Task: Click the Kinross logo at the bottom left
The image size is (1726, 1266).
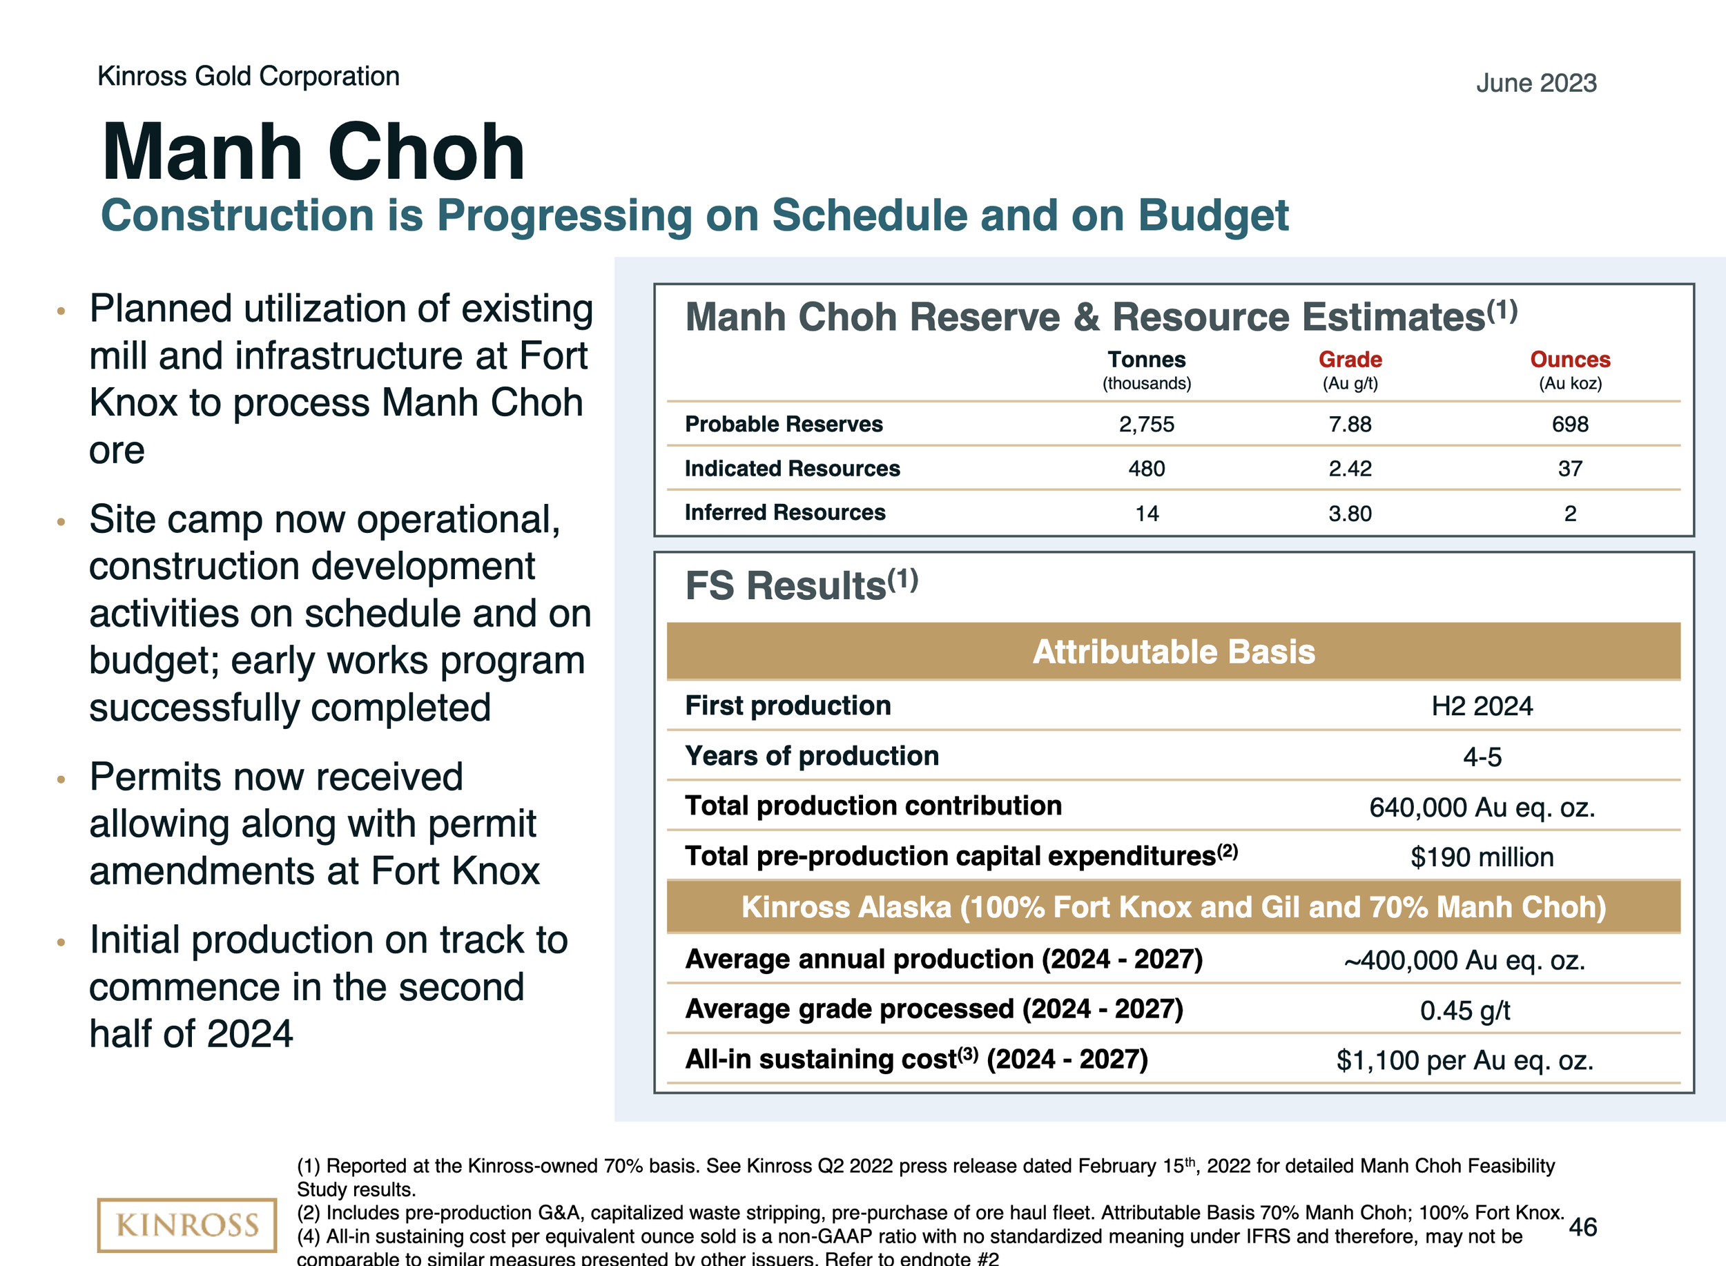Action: click(186, 1224)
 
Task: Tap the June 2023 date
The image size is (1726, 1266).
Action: click(1536, 83)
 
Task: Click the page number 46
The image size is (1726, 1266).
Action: click(1582, 1227)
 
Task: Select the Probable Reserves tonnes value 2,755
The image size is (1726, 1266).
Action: click(1147, 424)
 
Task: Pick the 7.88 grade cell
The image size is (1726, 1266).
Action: click(1350, 424)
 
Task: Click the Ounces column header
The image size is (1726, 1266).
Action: click(1570, 360)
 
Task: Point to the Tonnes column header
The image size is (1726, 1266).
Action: click(1147, 360)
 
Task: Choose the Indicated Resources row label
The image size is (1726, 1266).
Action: click(793, 468)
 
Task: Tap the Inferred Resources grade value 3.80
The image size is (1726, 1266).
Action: click(1350, 513)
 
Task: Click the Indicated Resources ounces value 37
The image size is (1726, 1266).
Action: click(1570, 468)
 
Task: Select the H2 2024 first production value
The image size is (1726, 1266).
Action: click(1482, 705)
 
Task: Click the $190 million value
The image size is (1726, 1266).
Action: click(1482, 857)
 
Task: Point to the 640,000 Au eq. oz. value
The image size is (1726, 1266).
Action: click(1482, 807)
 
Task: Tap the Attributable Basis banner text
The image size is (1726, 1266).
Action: click(1174, 652)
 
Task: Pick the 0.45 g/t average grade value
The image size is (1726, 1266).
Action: click(1464, 1010)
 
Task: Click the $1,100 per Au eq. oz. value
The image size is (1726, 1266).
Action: click(1464, 1060)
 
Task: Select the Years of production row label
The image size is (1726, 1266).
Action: click(812, 756)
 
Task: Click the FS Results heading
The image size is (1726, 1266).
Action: click(801, 585)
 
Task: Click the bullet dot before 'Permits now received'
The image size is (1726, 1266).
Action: click(61, 779)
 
